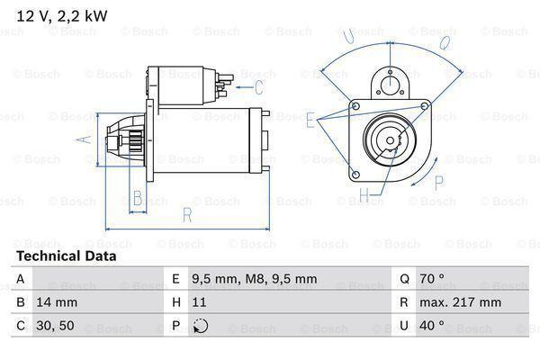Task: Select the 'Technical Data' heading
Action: (66, 256)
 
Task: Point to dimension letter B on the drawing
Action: (138, 198)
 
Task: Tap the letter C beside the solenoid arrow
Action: (258, 87)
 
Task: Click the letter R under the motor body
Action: (186, 215)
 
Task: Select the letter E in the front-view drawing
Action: (310, 119)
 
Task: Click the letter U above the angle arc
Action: (347, 36)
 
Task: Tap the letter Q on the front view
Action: (445, 42)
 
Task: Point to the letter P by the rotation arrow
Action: (440, 183)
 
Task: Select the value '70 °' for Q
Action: (434, 279)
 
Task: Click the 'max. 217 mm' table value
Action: (463, 302)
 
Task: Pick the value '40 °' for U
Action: (434, 326)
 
